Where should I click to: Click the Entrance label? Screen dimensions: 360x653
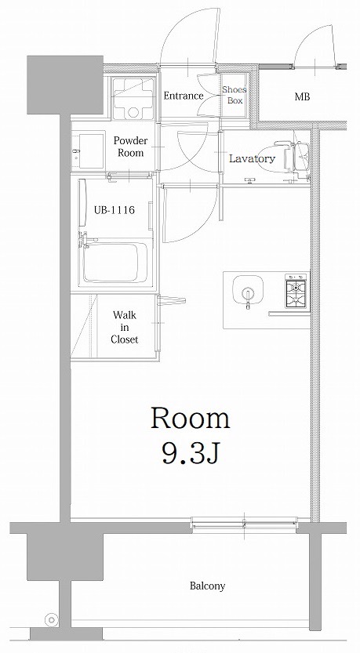pos(184,96)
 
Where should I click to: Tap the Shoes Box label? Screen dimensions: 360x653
pos(235,95)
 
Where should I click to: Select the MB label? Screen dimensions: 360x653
pos(302,97)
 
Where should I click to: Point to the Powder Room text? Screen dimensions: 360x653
pos(130,147)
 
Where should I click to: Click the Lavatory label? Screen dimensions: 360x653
pos(252,158)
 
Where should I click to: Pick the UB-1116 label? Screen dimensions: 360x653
pos(115,210)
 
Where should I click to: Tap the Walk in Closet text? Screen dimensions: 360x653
pos(124,328)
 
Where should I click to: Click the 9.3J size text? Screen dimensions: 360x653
pos(191,455)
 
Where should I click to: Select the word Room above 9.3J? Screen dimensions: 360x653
pos(190,419)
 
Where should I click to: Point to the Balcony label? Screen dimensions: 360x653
pos(208,586)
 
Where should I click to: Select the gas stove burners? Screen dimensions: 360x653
pos(296,291)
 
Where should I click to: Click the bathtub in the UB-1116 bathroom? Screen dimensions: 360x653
pos(111,263)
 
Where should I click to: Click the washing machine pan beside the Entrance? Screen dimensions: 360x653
pos(133,98)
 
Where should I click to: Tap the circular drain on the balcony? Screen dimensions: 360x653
pos(52,620)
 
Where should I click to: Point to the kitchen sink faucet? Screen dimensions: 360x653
pos(248,298)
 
